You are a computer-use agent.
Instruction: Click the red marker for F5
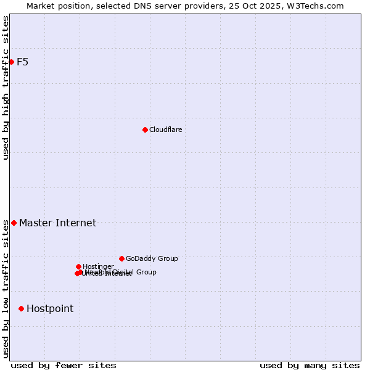pos(11,62)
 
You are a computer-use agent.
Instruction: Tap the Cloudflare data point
pos(145,129)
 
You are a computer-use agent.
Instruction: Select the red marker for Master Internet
pos(14,223)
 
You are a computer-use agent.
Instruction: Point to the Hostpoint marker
pos(21,308)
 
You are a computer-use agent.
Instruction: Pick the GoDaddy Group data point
pos(121,258)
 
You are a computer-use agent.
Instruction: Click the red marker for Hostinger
pos(78,266)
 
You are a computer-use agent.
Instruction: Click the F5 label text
pos(22,62)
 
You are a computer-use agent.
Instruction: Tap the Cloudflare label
pos(165,129)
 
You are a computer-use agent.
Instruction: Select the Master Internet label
pos(57,223)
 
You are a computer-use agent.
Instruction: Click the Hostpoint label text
pos(49,309)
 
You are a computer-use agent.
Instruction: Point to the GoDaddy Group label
pos(152,259)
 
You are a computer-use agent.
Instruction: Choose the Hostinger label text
pos(98,266)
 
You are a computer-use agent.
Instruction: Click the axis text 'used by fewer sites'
pos(64,365)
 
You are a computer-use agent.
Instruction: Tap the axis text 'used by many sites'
pos(309,365)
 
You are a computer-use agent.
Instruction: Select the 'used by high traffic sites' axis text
pos(6,88)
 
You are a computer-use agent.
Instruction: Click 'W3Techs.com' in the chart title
pos(318,6)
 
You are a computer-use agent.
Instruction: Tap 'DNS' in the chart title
pos(134,6)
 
